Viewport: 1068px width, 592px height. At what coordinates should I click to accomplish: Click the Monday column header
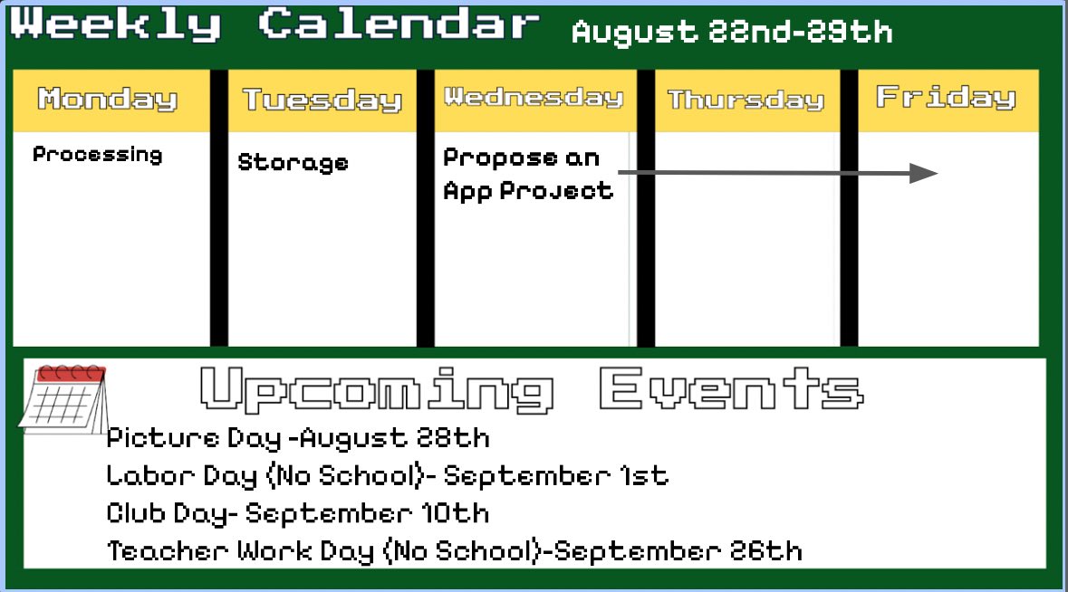pos(108,99)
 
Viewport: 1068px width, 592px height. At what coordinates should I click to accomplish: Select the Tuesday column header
pos(322,100)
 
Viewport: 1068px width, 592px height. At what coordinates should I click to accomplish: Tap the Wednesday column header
pos(534,97)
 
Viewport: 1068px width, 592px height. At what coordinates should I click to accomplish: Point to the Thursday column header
pos(746,100)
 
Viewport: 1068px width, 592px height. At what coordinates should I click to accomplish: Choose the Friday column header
pos(946,97)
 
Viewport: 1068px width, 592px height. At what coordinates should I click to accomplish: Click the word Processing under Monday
pos(98,155)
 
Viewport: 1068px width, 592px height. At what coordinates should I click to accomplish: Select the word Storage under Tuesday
pos(293,163)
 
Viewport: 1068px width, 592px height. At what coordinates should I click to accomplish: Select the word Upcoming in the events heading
pos(377,389)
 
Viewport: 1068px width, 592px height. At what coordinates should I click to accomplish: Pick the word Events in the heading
pos(730,389)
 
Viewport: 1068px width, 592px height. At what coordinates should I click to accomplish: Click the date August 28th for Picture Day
pos(395,439)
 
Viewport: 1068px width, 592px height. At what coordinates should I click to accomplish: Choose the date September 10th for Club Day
pos(368,514)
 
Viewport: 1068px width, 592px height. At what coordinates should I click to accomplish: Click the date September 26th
pos(678,551)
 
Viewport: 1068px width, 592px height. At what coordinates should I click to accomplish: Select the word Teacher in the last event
pos(168,551)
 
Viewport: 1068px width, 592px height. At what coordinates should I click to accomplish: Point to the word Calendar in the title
pos(399,24)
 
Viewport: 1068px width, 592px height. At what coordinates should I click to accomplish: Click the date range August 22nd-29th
pos(732,33)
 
